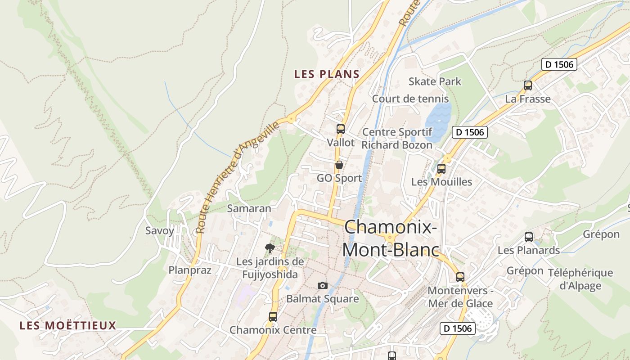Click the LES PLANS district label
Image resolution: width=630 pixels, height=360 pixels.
(327, 74)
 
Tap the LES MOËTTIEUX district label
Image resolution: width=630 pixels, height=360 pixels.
(68, 325)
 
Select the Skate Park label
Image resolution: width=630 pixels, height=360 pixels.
(435, 81)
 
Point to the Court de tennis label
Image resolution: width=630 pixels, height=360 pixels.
(410, 99)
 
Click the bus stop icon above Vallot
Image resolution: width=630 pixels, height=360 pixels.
(340, 129)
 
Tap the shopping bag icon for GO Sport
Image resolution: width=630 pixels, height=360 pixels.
(339, 165)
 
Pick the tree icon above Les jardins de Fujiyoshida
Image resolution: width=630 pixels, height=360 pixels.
(270, 248)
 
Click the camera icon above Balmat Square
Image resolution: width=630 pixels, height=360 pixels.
(322, 285)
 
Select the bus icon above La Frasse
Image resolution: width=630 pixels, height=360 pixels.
(528, 85)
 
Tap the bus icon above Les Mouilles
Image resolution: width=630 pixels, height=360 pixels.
(441, 169)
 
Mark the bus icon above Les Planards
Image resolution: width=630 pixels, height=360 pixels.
(529, 237)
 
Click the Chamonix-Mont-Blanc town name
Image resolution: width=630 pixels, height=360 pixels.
(391, 238)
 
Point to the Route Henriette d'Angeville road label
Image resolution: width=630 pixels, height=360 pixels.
(237, 178)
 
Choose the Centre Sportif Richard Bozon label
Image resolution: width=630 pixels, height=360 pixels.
(397, 139)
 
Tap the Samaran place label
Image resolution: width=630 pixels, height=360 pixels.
(249, 208)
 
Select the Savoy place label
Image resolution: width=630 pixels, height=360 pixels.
(159, 231)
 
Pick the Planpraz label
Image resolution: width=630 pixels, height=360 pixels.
(190, 270)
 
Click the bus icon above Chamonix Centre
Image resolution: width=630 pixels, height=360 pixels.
(273, 316)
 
